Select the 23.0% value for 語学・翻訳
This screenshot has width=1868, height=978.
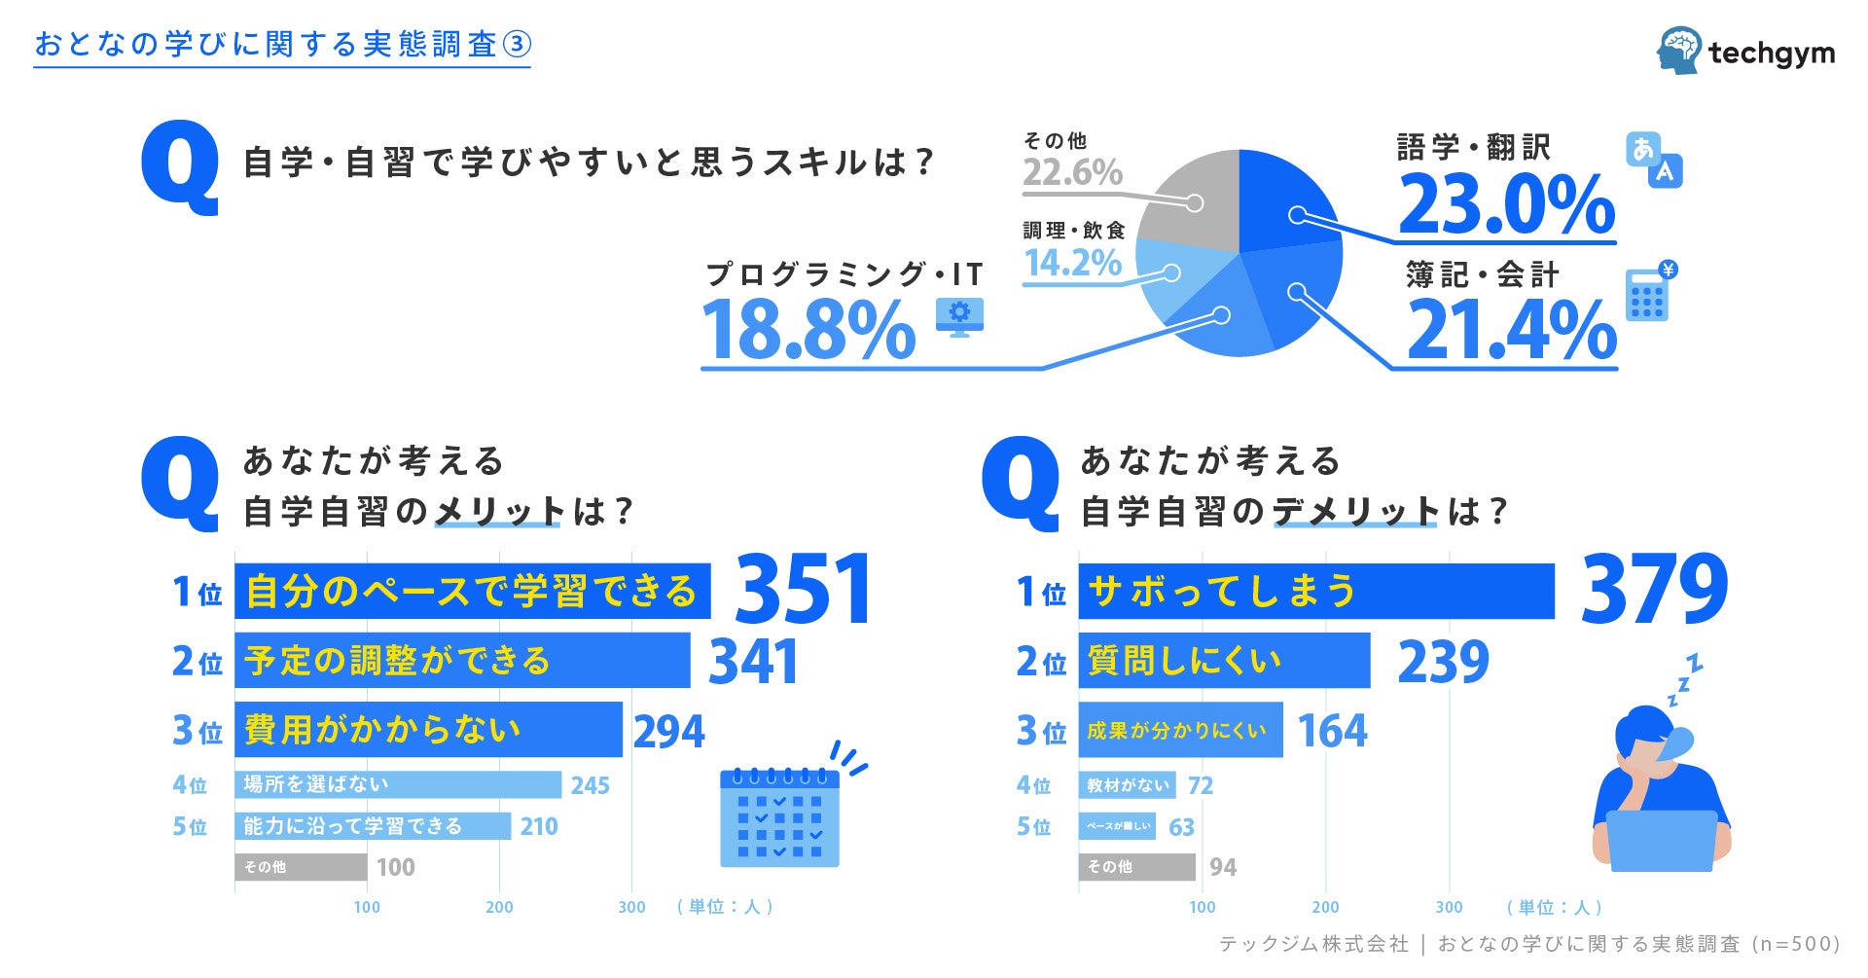pyautogui.click(x=1506, y=205)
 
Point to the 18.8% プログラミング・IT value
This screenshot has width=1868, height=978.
pyautogui.click(x=808, y=330)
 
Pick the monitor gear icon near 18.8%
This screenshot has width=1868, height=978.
pyautogui.click(x=959, y=316)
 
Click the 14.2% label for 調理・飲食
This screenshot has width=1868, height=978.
pyautogui.click(x=1073, y=263)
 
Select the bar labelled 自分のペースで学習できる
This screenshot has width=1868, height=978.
pyautogui.click(x=472, y=591)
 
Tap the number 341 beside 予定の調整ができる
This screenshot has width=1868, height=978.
pyautogui.click(x=753, y=662)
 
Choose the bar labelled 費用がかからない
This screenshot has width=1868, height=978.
pyautogui.click(x=428, y=729)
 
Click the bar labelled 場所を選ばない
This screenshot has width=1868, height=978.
pyautogui.click(x=397, y=784)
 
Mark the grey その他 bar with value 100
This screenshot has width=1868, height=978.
pyautogui.click(x=301, y=866)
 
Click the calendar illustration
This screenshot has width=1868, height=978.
pyautogui.click(x=779, y=817)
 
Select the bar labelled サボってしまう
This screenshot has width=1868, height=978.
pyautogui.click(x=1315, y=591)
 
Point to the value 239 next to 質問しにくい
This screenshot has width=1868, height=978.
pyautogui.click(x=1443, y=662)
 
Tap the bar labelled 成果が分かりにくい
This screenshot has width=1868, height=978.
pyautogui.click(x=1180, y=730)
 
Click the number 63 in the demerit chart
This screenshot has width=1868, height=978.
pyautogui.click(x=1181, y=827)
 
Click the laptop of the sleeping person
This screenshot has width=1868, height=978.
pyautogui.click(x=1661, y=841)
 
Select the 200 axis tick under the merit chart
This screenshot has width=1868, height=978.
pyautogui.click(x=499, y=907)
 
